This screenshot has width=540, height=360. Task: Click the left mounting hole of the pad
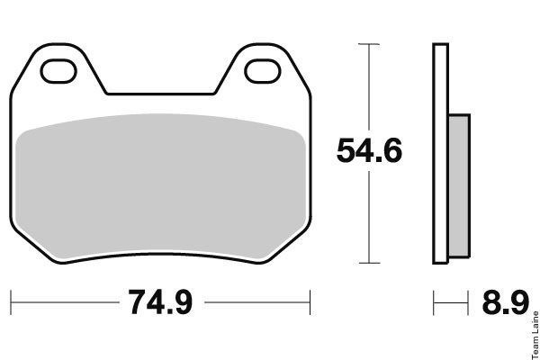point(58,71)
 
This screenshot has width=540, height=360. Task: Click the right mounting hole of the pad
point(263,71)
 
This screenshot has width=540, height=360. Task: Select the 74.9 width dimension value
point(160,302)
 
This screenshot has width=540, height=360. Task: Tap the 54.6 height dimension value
point(369,150)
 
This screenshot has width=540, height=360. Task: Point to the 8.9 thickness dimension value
point(505,302)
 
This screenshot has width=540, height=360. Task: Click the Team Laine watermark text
point(535,335)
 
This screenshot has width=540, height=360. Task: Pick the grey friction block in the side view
point(459,185)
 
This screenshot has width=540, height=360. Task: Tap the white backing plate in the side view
point(440,154)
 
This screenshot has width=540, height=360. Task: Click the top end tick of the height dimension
point(369,44)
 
